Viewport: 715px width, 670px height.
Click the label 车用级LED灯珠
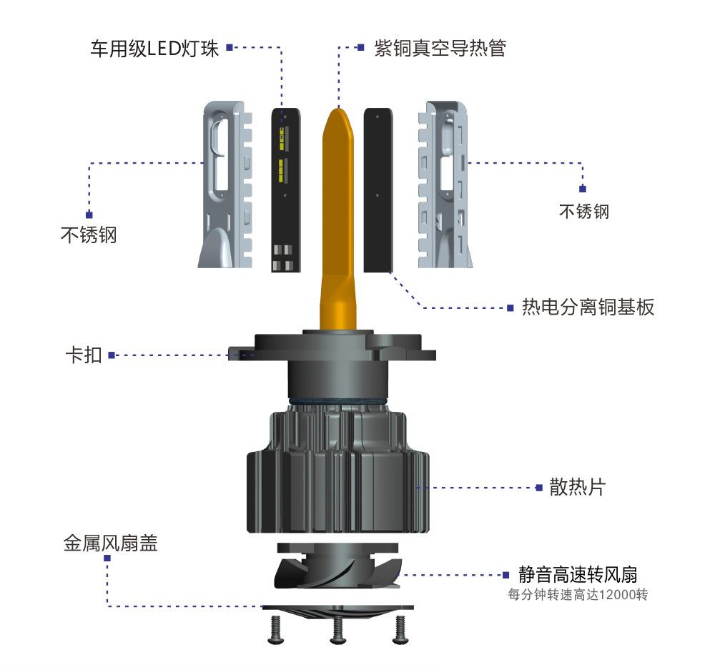154,49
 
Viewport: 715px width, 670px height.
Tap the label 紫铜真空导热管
440,48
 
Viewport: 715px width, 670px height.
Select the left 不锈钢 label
89,235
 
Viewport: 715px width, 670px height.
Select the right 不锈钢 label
584,212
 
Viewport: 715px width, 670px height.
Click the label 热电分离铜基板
588,307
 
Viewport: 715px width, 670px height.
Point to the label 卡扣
84,355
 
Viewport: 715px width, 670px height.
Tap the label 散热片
577,487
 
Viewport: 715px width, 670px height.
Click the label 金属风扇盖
111,543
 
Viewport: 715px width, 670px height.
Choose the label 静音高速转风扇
578,574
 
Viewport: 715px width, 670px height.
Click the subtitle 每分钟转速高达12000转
578,595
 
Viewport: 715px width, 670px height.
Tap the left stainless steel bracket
225,184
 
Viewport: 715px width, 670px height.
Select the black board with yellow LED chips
286,190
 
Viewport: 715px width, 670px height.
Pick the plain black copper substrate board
378,190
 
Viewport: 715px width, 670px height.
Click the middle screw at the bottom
338,631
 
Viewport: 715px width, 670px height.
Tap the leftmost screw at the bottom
275,630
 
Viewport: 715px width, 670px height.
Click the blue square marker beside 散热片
539,488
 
